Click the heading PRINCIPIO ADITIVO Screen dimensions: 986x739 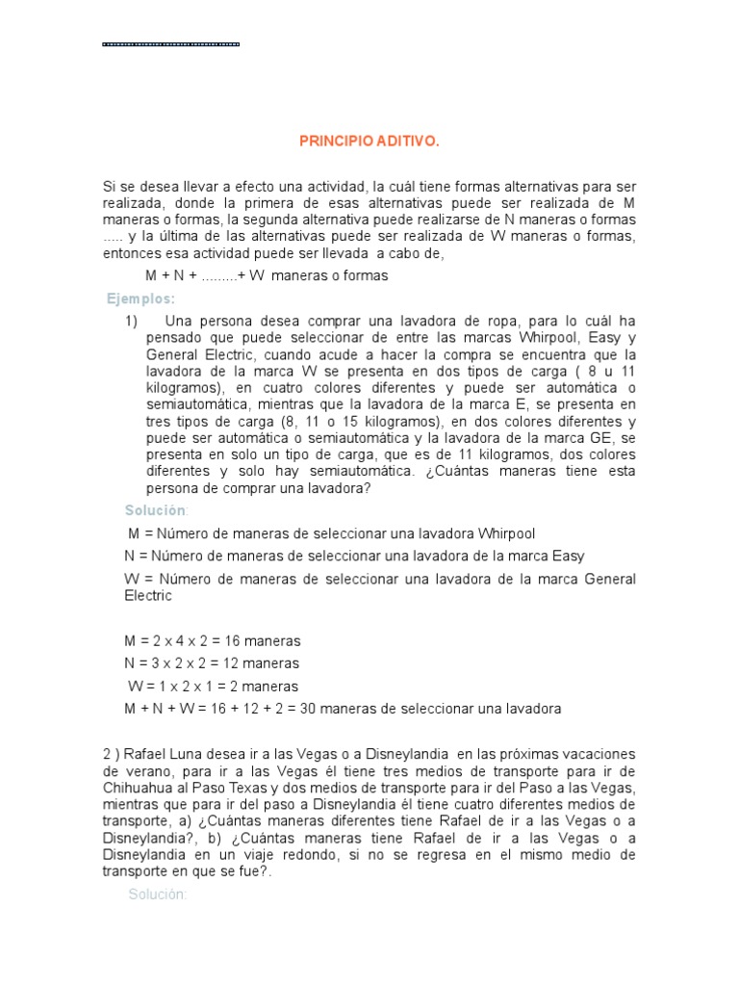pos(369,142)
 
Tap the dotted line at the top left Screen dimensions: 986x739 pos(170,44)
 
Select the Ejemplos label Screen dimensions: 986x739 pos(140,298)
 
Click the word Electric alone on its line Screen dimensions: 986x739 pos(148,596)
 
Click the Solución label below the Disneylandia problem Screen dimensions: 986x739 pos(157,895)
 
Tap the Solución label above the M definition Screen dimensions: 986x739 pos(157,509)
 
